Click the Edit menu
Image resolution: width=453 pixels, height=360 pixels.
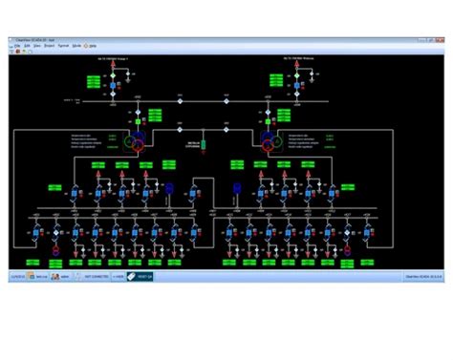(29, 45)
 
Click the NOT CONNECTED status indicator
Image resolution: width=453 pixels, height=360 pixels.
(95, 275)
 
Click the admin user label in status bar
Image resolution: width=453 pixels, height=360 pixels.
(63, 275)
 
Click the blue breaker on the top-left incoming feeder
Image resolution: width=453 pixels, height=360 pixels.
(111, 87)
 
